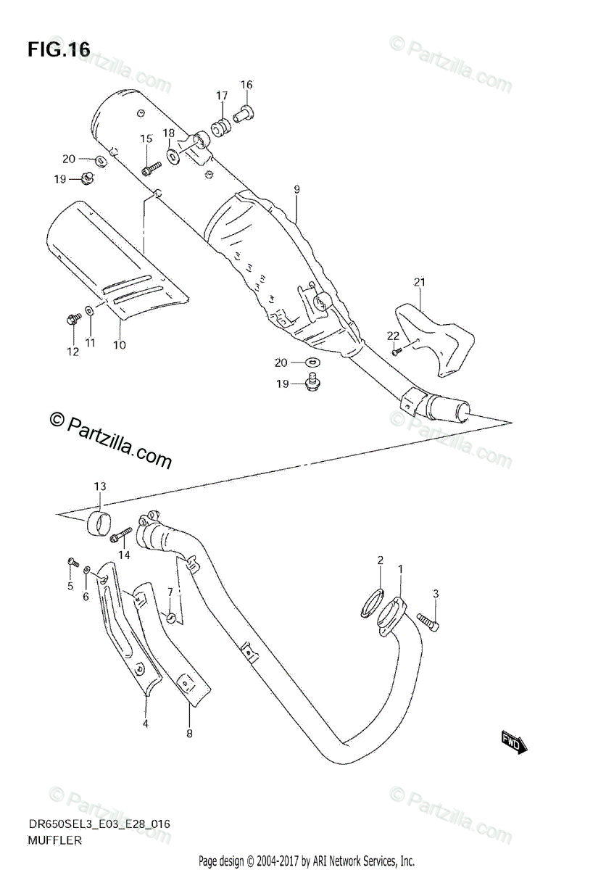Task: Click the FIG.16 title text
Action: coord(59,49)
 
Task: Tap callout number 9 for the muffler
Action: coord(296,189)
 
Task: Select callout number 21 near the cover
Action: coord(418,282)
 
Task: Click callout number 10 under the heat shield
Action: coord(119,345)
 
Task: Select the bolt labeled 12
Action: coord(74,318)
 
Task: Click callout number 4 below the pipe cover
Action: coord(145,724)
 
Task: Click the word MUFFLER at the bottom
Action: coord(55,841)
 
